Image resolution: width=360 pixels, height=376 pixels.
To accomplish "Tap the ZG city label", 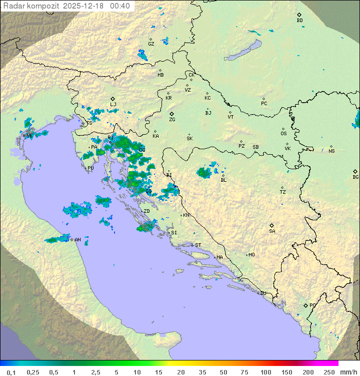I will pyautogui.click(x=172, y=120).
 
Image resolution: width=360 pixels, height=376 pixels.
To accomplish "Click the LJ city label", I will pyautogui.click(x=113, y=105).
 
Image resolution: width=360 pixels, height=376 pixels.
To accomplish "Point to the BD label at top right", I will pyautogui.click(x=299, y=21).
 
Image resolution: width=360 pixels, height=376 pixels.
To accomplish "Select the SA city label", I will pyautogui.click(x=272, y=231).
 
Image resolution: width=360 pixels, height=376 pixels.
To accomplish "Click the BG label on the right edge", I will pyautogui.click(x=355, y=177).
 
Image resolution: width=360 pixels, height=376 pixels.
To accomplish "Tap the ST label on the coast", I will pyautogui.click(x=198, y=245).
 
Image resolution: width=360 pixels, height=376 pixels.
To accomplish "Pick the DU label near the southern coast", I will pyautogui.click(x=262, y=293).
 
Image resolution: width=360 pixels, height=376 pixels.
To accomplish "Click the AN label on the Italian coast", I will pyautogui.click(x=77, y=240).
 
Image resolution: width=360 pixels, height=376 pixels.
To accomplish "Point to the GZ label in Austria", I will pyautogui.click(x=151, y=44).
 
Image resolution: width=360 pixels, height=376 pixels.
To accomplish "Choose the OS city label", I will pyautogui.click(x=283, y=134).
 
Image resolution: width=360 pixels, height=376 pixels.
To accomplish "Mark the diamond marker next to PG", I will pyautogui.click(x=305, y=305).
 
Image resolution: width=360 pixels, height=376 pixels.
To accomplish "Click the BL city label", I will pyautogui.click(x=223, y=180).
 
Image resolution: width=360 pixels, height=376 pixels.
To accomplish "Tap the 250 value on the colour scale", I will pyautogui.click(x=328, y=372).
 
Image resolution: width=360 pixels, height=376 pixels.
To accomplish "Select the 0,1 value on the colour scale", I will pyautogui.click(x=11, y=372).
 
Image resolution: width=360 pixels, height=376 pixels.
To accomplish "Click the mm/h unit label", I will pyautogui.click(x=348, y=372).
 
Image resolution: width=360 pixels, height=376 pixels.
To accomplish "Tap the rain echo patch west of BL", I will pyautogui.click(x=203, y=173).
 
